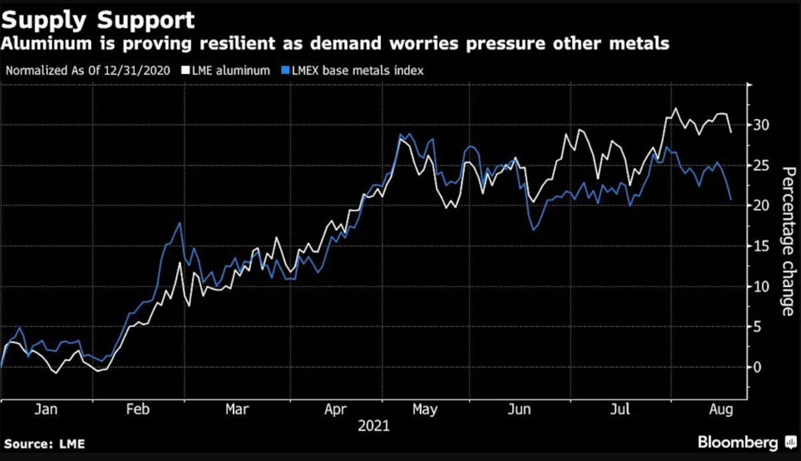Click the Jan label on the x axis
46,409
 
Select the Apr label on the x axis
335,409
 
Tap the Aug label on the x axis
721,409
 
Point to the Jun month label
520,409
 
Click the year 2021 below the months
373,426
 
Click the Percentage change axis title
787,242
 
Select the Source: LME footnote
44,444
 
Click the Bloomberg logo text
738,443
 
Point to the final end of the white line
731,132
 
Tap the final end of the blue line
731,199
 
